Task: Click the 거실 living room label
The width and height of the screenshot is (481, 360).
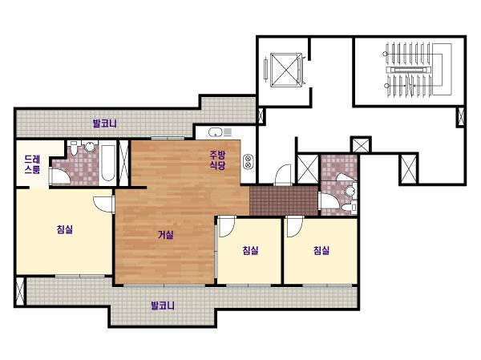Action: (166, 235)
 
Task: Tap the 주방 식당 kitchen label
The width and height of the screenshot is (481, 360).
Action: (217, 160)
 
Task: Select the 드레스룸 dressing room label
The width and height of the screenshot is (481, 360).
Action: (33, 164)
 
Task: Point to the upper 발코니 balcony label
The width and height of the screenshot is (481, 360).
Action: (105, 123)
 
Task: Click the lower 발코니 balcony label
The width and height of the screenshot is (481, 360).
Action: (163, 305)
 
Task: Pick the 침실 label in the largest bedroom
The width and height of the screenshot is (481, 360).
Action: (65, 229)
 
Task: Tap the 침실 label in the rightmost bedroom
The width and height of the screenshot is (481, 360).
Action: (321, 250)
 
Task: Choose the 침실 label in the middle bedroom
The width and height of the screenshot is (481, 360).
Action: (251, 250)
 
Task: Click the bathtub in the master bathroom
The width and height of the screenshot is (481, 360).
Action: (107, 163)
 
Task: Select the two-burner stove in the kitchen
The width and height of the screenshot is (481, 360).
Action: (248, 161)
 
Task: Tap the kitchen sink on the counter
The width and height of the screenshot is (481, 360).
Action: (216, 132)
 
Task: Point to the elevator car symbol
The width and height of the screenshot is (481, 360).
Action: (285, 71)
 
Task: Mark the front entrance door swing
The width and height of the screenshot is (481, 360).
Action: (283, 175)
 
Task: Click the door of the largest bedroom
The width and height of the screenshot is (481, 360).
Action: (103, 204)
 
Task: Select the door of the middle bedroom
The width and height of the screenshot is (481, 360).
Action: (227, 226)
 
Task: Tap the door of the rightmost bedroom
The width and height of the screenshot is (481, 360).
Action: (295, 226)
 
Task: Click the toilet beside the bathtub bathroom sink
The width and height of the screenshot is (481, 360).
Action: (74, 148)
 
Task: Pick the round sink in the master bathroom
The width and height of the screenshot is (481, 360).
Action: (90, 147)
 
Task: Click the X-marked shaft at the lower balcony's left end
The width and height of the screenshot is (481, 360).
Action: (19, 292)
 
